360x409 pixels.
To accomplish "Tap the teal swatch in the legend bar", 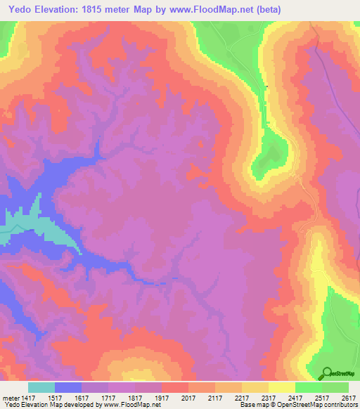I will pyautogui.click(x=41, y=387).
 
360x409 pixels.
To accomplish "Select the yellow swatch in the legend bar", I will pyautogui.click(x=281, y=387).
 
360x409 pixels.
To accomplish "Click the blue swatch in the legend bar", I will pyautogui.click(x=68, y=387).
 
